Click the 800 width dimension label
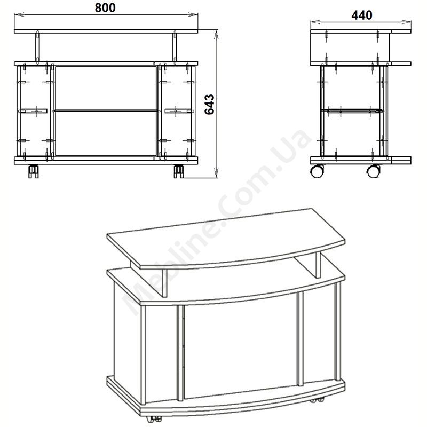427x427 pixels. coord(105,7)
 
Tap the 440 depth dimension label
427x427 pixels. coord(362,15)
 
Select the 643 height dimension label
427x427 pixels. coord(209,105)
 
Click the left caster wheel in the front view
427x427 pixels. coord(34,171)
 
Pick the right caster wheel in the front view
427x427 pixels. coord(179,171)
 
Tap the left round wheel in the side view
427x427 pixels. coord(317,171)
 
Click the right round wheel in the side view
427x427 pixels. coord(373,171)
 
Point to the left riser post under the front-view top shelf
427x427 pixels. coord(37,48)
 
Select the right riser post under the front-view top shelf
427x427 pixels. coord(175,48)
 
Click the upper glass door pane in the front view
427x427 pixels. coord(106,88)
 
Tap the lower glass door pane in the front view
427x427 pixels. coord(106,133)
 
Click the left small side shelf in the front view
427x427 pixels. coord(33,111)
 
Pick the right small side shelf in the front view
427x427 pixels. coord(178,111)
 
